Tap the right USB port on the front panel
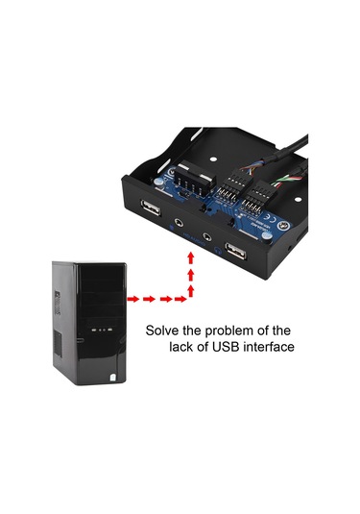(235, 254)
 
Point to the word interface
(269, 347)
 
